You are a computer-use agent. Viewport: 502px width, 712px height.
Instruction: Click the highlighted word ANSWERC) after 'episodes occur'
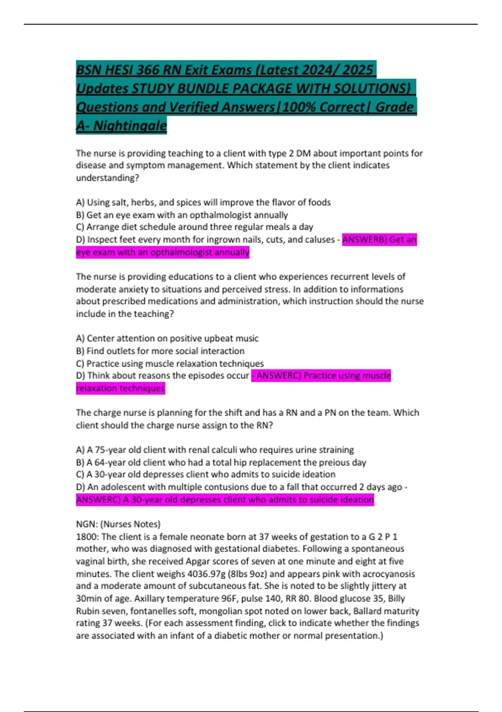[279, 376]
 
